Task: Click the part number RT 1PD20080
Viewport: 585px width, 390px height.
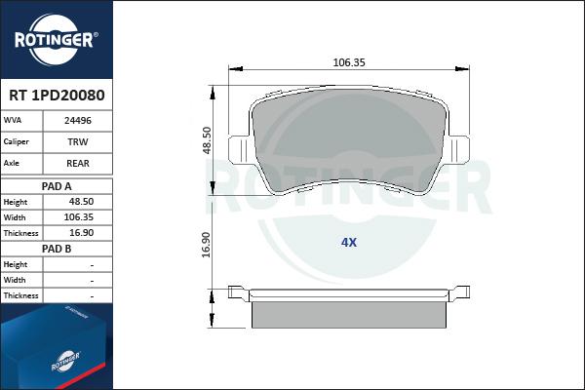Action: [57, 96]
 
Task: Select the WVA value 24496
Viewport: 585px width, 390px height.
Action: [78, 121]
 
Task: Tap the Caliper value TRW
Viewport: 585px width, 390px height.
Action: [78, 141]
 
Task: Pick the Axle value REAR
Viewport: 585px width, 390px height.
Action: [78, 163]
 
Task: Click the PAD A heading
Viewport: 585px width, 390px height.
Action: [57, 186]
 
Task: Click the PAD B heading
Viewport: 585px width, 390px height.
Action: [57, 249]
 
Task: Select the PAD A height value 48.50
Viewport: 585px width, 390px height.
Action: [81, 202]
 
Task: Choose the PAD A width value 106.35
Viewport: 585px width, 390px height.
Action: [79, 217]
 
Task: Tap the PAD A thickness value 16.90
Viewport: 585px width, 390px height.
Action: [81, 233]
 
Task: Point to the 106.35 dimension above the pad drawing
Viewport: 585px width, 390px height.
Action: [349, 62]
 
